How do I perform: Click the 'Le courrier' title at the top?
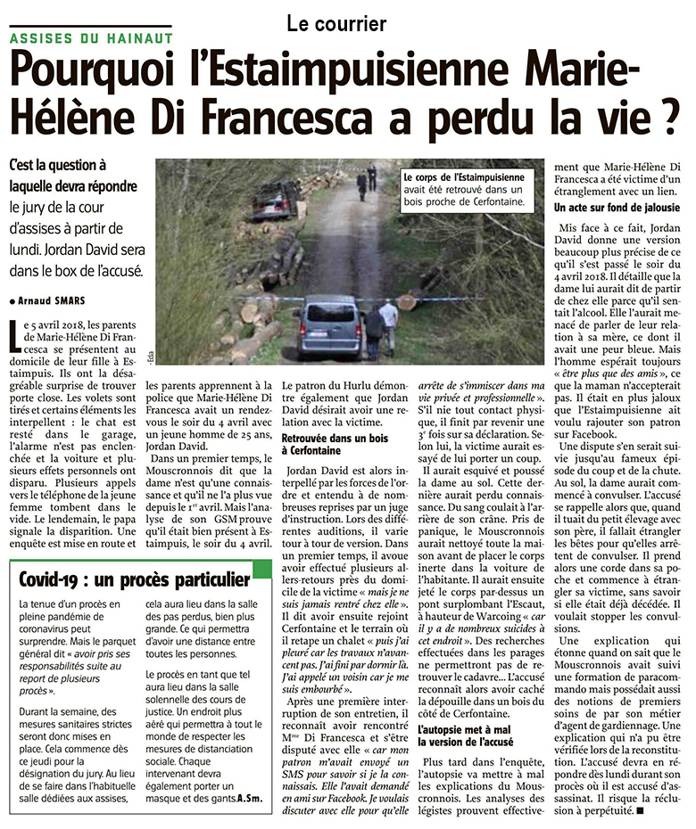click(x=336, y=23)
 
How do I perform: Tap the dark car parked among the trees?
click(x=277, y=199)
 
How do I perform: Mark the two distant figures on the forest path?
click(x=367, y=177)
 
